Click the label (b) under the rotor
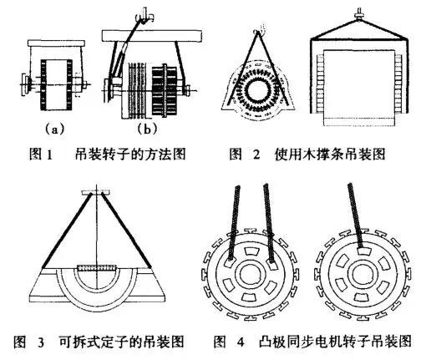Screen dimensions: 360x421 point(146,129)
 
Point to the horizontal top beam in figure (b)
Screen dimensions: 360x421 point(155,34)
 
